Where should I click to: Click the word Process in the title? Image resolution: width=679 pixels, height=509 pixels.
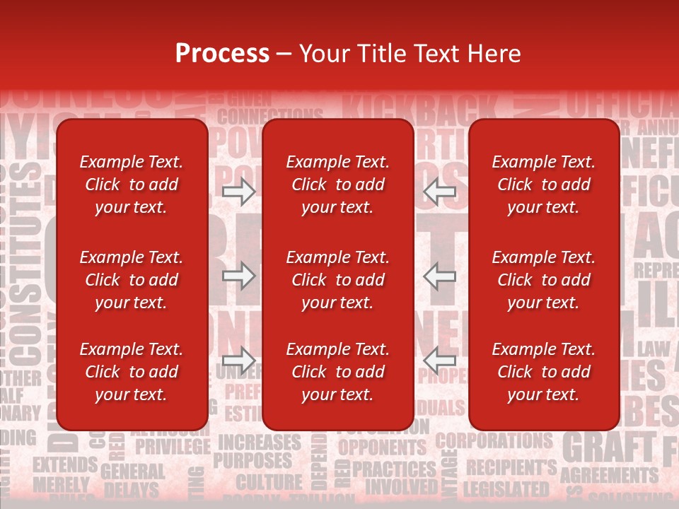[x=222, y=54]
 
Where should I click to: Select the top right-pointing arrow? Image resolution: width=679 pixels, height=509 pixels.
[x=238, y=191]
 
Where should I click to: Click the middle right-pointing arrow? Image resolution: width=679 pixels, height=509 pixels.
[x=238, y=276]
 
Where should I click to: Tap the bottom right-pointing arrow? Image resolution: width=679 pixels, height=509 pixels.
[x=238, y=361]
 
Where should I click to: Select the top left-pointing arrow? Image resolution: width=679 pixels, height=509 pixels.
[x=439, y=191]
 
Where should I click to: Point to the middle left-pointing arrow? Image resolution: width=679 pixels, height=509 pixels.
[x=439, y=276]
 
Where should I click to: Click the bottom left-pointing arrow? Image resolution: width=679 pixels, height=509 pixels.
[x=439, y=361]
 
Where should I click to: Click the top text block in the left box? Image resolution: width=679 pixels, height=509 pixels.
[x=132, y=185]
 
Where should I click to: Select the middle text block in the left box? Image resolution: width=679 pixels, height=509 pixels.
[x=132, y=280]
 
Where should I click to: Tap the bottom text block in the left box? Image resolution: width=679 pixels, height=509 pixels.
[x=132, y=372]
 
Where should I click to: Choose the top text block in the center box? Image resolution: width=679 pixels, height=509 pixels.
[x=337, y=185]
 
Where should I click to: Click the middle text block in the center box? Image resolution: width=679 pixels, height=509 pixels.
[x=337, y=280]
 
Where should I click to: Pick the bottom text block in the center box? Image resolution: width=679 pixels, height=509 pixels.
[x=337, y=372]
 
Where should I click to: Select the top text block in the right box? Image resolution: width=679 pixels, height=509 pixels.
[x=543, y=185]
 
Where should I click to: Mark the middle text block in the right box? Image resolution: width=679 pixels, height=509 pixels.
[x=543, y=280]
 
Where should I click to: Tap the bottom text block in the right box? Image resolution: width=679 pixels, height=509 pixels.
[x=543, y=372]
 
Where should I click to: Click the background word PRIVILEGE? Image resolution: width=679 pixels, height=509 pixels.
[x=173, y=447]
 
